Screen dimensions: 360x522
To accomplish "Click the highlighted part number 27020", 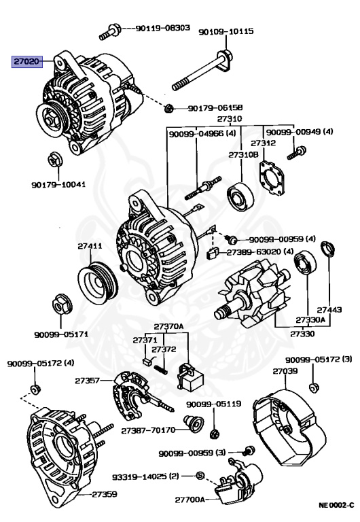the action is click(27, 61).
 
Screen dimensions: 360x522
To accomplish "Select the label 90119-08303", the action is click(163, 28).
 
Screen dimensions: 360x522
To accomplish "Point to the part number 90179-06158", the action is click(215, 108).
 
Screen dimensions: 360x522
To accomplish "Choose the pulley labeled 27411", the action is click(98, 281).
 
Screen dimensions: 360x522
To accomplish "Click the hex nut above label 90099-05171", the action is click(62, 304).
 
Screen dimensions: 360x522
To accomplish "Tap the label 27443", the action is click(329, 310).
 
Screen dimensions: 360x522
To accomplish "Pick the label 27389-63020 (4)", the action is click(260, 251).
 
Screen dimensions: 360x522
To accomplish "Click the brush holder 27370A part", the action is click(190, 377).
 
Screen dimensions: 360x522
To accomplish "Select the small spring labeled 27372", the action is click(161, 370).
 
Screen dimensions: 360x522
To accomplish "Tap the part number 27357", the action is click(87, 380).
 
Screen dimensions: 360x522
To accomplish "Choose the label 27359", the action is click(105, 494).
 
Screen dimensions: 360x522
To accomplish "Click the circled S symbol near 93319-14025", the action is click(200, 475).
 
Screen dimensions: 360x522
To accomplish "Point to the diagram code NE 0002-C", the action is click(336, 506).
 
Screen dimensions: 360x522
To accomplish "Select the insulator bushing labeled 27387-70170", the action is click(194, 423).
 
